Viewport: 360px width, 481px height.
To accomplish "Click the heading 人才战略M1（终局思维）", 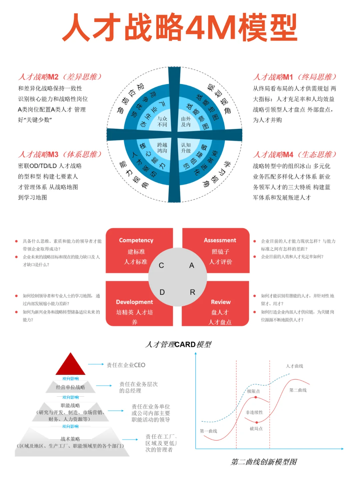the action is point(295,77).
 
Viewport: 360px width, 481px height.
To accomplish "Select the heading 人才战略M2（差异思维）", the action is point(60,77).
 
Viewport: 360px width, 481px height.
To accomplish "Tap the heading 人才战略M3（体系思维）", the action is point(60,154).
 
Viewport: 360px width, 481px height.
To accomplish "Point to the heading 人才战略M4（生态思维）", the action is point(295,154).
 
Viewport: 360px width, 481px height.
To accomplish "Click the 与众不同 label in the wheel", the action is point(162,122).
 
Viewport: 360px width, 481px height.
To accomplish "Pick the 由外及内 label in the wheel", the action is point(186,122).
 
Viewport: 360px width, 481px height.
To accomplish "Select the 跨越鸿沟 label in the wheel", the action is point(162,148).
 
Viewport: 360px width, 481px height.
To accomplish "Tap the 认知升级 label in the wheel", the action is point(186,148).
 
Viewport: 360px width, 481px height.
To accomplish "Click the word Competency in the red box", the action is point(136,240).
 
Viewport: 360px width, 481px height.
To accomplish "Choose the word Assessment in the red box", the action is point(220,240).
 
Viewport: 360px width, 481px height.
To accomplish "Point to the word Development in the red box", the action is point(134,302).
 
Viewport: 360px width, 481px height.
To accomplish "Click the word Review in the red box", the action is point(221,302).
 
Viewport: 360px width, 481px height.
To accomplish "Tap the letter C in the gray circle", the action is point(161,265).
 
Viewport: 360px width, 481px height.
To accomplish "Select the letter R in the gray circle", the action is point(192,292).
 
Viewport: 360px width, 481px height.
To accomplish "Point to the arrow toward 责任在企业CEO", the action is point(96,364).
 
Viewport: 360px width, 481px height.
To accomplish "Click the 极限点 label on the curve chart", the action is point(253,391).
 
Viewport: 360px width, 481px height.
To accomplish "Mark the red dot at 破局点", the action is point(256,423).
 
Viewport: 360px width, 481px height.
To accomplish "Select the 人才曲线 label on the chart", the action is point(294,366).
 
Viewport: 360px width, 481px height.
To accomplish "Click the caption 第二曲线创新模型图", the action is point(264,462).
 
